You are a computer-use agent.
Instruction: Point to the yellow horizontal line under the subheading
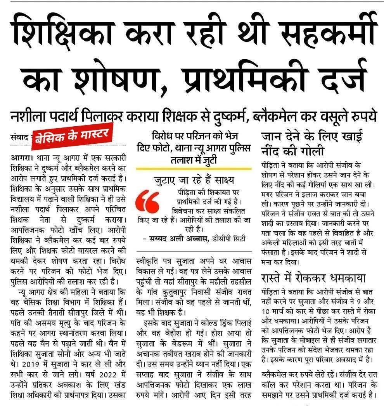point(194,169)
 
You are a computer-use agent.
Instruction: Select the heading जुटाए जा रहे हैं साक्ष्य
point(194,181)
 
